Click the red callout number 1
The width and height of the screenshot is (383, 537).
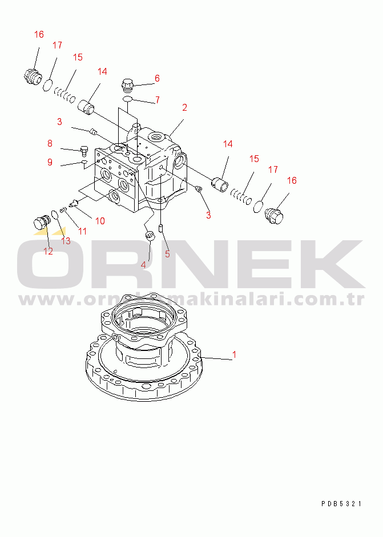(235, 354)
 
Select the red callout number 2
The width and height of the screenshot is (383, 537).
(184, 107)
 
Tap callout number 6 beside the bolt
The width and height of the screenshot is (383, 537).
(157, 78)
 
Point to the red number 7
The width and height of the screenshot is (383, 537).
(157, 100)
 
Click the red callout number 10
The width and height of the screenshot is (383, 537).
(100, 221)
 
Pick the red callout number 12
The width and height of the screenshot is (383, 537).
(49, 251)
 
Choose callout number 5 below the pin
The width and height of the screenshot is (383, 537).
(167, 254)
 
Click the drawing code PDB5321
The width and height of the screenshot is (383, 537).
(341, 503)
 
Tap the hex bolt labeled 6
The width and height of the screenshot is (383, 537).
(127, 85)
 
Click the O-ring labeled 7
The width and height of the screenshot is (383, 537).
(127, 99)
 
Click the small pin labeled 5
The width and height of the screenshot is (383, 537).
(160, 228)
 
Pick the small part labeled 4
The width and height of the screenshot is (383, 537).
(150, 236)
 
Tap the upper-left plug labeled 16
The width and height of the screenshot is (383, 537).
(33, 77)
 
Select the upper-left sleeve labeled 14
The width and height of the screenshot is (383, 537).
(86, 107)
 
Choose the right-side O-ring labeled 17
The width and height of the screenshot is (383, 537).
(259, 207)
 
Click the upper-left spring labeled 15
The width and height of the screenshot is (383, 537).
(64, 95)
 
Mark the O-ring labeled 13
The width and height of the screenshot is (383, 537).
(54, 215)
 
